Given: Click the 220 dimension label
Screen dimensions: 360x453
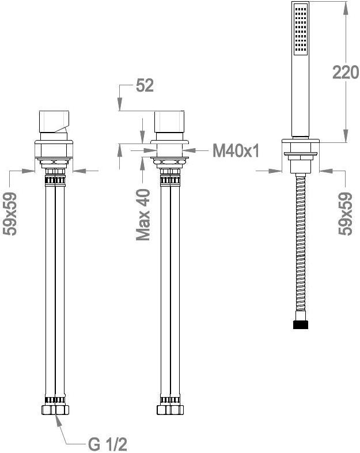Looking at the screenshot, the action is (x=346, y=72).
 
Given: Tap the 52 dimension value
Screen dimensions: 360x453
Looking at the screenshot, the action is (x=145, y=85).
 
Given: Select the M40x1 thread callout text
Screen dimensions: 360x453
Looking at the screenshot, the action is (x=236, y=150).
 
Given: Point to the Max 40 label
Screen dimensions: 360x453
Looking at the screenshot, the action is (x=143, y=214).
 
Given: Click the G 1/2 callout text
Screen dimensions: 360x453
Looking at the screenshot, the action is (x=108, y=444).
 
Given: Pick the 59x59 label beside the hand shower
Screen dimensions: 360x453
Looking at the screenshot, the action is (x=345, y=214).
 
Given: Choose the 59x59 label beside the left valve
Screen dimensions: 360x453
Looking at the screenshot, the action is (x=10, y=214).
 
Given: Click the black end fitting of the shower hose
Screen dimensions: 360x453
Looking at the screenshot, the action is (x=301, y=324).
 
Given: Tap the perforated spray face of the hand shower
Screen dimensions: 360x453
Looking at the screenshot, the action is (x=301, y=30).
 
